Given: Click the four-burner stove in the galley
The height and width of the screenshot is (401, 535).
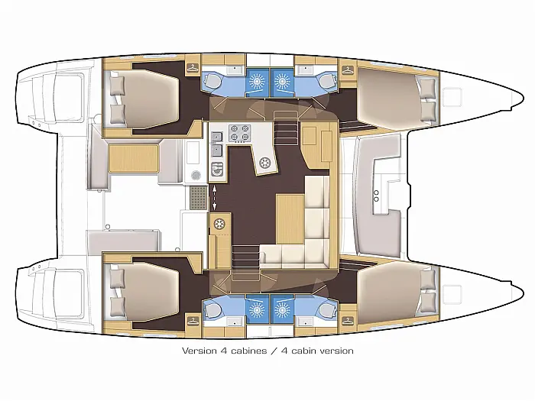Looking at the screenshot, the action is (240, 133).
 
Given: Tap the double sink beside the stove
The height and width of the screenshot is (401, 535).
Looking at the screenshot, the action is (217, 144).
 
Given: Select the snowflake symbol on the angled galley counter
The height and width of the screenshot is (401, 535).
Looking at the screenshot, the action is (264, 163).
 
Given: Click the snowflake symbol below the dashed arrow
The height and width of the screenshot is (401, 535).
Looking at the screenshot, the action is (219, 224).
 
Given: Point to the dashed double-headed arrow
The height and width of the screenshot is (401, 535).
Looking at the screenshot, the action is (215, 197).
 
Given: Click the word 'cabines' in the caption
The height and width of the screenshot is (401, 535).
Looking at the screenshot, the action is (248, 351).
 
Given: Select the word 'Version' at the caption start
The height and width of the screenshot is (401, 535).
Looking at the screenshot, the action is (199, 351).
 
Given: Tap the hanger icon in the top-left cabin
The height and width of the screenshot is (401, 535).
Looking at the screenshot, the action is (193, 68).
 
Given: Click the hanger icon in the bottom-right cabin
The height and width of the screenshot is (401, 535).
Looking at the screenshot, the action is (348, 321).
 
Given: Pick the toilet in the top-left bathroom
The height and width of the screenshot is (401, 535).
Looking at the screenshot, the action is (212, 81).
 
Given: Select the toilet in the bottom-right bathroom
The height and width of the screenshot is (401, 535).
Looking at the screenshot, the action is (327, 310).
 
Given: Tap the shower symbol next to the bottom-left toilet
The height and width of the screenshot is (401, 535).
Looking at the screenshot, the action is (256, 310).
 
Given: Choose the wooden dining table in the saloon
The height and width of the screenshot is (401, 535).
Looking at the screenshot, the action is (290, 219).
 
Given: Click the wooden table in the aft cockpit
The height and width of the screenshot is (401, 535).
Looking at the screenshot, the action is (134, 159).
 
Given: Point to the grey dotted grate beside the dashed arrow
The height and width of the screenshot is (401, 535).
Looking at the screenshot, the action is (198, 197).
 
